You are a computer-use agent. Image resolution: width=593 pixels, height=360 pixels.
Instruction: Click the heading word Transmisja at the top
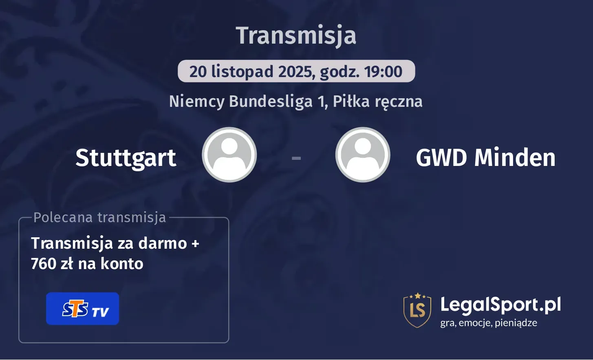[x=296, y=35]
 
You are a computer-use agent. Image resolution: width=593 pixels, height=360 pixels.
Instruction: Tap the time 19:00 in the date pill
[x=383, y=72]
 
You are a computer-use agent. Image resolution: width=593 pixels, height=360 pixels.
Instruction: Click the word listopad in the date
[x=242, y=72]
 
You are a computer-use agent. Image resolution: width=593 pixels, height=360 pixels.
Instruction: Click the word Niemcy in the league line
[x=196, y=102]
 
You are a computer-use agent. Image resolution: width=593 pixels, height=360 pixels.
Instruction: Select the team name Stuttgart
[x=126, y=158]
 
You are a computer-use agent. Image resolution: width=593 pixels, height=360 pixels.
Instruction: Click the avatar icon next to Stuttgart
[x=229, y=155]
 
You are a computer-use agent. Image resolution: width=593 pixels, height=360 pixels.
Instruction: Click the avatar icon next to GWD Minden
[x=363, y=155]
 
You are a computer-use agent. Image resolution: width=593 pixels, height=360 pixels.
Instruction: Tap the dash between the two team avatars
[x=296, y=157]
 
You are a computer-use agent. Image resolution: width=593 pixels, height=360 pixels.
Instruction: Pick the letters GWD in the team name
[x=441, y=158]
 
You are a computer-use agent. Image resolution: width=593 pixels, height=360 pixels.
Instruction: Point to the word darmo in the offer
[x=163, y=243]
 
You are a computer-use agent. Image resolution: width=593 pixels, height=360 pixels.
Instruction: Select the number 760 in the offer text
[x=44, y=264]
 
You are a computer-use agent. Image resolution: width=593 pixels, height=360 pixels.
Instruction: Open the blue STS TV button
[x=82, y=309]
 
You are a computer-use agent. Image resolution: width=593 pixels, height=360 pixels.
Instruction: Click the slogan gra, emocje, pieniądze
[x=488, y=323]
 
